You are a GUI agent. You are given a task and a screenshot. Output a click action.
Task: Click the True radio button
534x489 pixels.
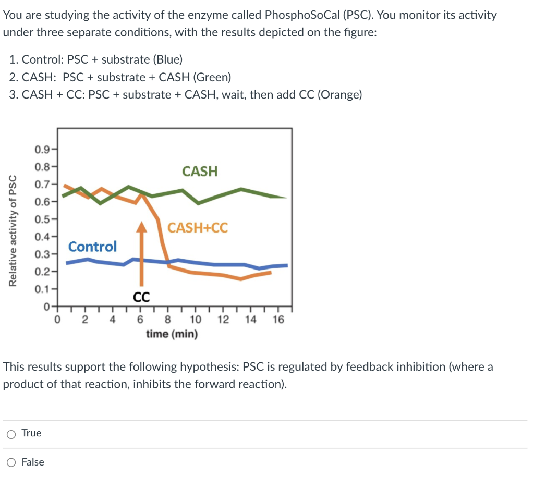[11, 433]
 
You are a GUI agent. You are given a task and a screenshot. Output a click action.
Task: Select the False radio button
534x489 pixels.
[11, 462]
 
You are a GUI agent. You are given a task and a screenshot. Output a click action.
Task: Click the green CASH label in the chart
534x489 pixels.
[200, 171]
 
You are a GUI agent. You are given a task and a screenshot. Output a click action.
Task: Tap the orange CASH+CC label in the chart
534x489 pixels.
[198, 228]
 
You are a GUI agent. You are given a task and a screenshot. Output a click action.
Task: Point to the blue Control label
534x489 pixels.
[93, 246]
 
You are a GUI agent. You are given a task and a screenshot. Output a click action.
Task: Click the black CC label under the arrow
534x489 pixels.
[141, 297]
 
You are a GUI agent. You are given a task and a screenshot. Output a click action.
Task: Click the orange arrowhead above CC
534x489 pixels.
[141, 226]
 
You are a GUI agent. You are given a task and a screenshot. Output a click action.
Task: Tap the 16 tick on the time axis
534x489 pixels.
[278, 320]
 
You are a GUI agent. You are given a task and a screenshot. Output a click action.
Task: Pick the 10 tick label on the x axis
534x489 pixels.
[195, 320]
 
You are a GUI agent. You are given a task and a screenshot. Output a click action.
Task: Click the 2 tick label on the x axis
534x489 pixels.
[84, 320]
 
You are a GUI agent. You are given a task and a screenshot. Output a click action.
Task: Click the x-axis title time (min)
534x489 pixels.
[172, 334]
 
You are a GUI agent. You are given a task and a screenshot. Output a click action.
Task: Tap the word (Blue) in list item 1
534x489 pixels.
[167, 59]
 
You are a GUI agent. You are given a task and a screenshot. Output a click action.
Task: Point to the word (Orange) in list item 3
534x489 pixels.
[339, 94]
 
